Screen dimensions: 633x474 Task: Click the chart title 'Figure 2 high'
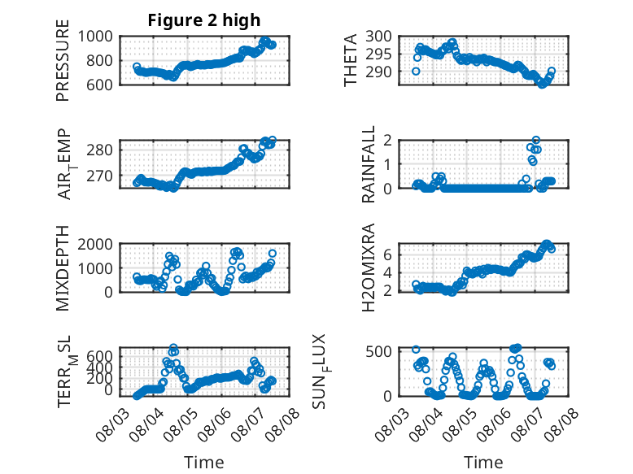pos(204,20)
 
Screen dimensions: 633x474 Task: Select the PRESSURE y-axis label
pos(63,60)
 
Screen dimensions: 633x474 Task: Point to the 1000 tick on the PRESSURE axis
pos(95,37)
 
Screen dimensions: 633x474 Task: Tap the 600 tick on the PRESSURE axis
pos(99,85)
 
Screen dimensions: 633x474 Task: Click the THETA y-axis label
pos(351,60)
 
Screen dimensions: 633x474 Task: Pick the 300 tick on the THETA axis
pos(378,37)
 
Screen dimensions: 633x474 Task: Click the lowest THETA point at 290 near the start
pos(416,72)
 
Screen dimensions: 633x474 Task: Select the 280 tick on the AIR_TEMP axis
pos(99,150)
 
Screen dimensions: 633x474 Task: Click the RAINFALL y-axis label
pos(369,164)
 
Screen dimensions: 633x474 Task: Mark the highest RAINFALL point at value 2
pos(536,140)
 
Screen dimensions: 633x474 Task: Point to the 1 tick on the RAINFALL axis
pos(387,164)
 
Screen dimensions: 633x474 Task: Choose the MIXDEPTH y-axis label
pos(63,267)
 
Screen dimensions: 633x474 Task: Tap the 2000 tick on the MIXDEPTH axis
pos(95,244)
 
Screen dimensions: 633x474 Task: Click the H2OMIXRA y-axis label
pos(369,267)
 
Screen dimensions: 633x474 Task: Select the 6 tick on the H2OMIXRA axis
pos(387,254)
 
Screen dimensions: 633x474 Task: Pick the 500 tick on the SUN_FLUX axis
pos(378,351)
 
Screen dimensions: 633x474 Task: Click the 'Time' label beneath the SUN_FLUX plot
pos(483,462)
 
